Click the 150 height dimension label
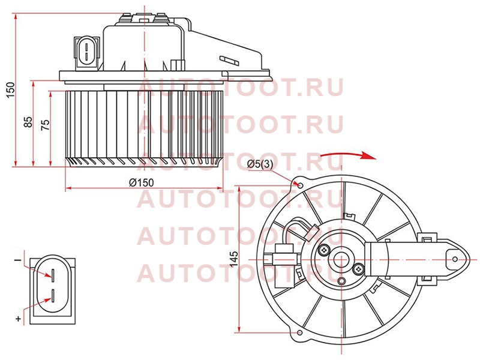click(x=11, y=90)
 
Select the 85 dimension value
click(x=28, y=122)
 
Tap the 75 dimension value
click(x=46, y=125)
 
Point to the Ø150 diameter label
click(x=142, y=183)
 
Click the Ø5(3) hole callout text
click(x=260, y=164)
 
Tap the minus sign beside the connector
click(x=19, y=260)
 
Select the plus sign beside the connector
click(x=19, y=319)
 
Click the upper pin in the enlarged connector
click(x=53, y=275)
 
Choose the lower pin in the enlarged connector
click(x=53, y=296)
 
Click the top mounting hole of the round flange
click(x=301, y=185)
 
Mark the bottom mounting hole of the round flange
click(x=300, y=333)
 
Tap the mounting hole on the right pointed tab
click(x=455, y=259)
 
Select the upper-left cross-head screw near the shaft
click(x=323, y=250)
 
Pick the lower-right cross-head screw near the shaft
click(x=358, y=269)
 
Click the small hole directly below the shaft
click(x=341, y=281)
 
